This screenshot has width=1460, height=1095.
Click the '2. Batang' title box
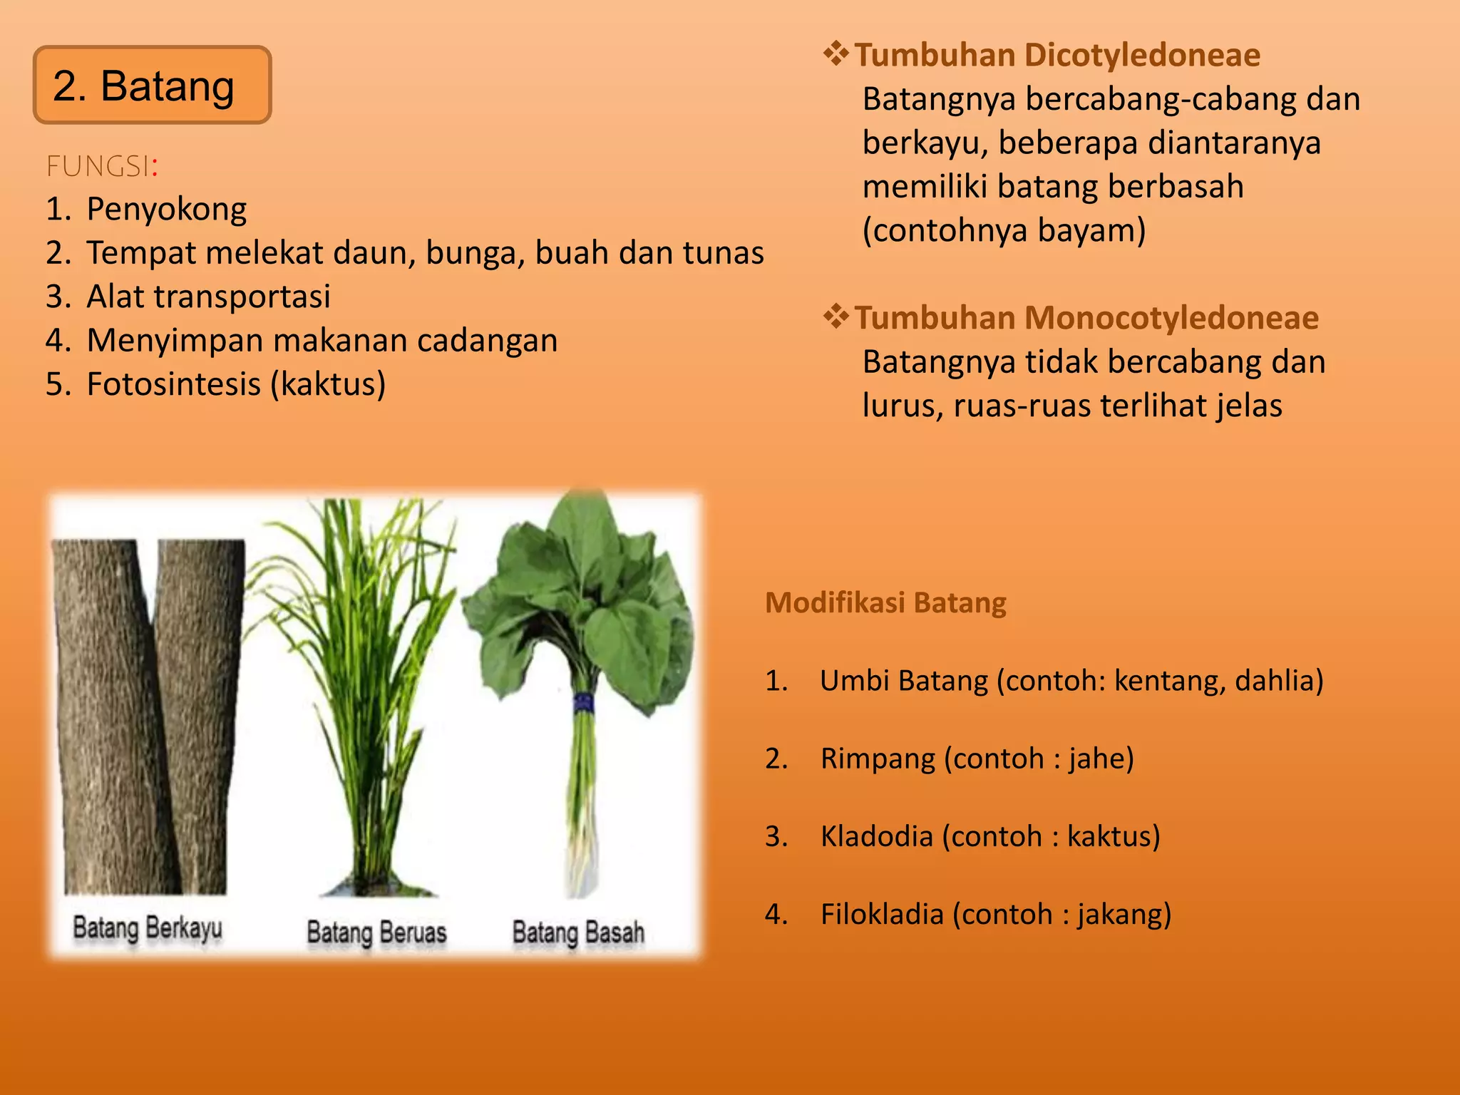pos(152,86)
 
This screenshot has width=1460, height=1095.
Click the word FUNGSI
pos(98,166)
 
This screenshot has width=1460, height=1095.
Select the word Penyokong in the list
pos(167,210)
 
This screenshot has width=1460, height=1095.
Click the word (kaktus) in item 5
pos(328,384)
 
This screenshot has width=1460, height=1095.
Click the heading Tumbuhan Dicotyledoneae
pos(1057,56)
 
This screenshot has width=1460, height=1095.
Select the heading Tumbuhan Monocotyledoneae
pos(1086,318)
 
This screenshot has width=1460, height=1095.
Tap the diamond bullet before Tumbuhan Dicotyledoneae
pos(836,54)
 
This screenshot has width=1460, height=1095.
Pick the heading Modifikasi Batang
pos(885,603)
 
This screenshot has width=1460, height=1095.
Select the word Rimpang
pos(878,759)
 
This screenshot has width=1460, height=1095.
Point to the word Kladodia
pos(876,836)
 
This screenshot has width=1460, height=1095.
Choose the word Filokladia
pos(882,915)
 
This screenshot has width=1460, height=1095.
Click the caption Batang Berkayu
pos(148,928)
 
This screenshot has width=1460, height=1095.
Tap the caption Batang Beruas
pos(376,932)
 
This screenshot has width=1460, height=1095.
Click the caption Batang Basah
pos(578,932)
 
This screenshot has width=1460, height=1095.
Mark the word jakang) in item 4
pos(1124,915)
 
